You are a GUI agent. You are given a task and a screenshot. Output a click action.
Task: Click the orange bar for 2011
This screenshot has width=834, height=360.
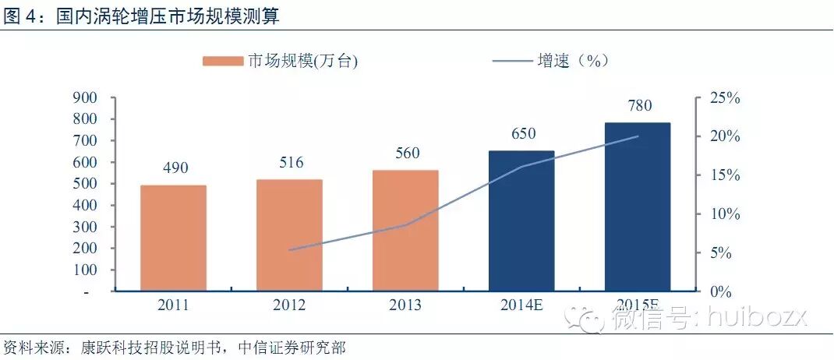[x=173, y=238]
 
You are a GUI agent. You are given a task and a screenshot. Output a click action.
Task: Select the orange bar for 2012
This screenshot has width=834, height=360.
[x=289, y=235]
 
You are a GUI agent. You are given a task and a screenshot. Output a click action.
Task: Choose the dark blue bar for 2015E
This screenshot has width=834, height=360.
[x=638, y=206]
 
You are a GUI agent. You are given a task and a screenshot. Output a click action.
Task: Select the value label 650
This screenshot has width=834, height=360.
[x=522, y=133]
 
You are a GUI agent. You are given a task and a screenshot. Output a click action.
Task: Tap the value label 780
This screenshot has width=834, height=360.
[x=638, y=105]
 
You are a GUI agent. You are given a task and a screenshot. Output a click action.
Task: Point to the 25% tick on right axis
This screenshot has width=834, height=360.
[x=725, y=98]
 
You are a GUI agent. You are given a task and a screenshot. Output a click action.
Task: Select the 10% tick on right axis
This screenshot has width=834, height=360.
[x=725, y=214]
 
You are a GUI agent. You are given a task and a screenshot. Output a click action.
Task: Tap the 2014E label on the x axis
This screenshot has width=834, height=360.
[x=521, y=305]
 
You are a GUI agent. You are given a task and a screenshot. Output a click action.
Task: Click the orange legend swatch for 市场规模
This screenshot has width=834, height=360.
[x=223, y=61]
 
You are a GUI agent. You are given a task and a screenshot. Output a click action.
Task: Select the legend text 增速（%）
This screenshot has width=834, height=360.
[x=572, y=61]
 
